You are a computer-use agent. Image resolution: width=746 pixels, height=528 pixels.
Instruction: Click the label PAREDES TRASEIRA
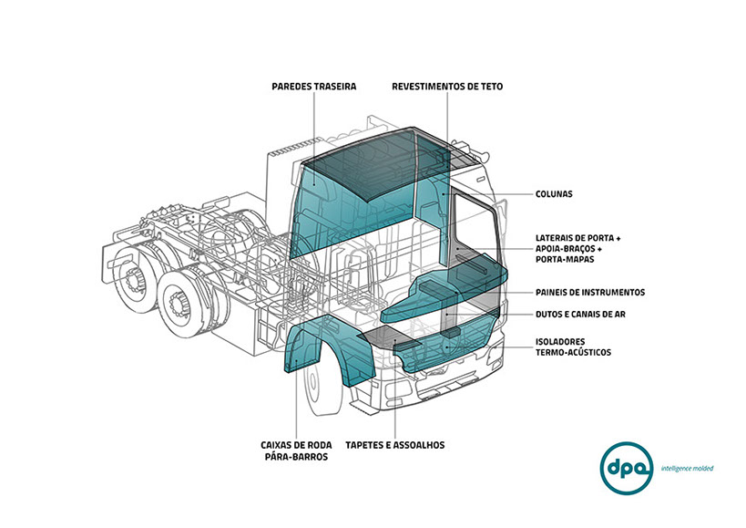point(313,87)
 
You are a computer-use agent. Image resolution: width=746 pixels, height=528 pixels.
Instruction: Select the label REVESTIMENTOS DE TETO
point(446,87)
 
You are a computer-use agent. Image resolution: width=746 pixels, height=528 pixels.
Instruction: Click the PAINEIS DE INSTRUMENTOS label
point(589,293)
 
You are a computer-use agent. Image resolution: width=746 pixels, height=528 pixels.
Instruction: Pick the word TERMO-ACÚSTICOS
point(572,353)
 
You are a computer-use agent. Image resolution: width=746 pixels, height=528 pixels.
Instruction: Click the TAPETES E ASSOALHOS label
point(394,445)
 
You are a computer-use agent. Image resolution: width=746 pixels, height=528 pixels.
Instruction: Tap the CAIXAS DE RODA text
point(296,445)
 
